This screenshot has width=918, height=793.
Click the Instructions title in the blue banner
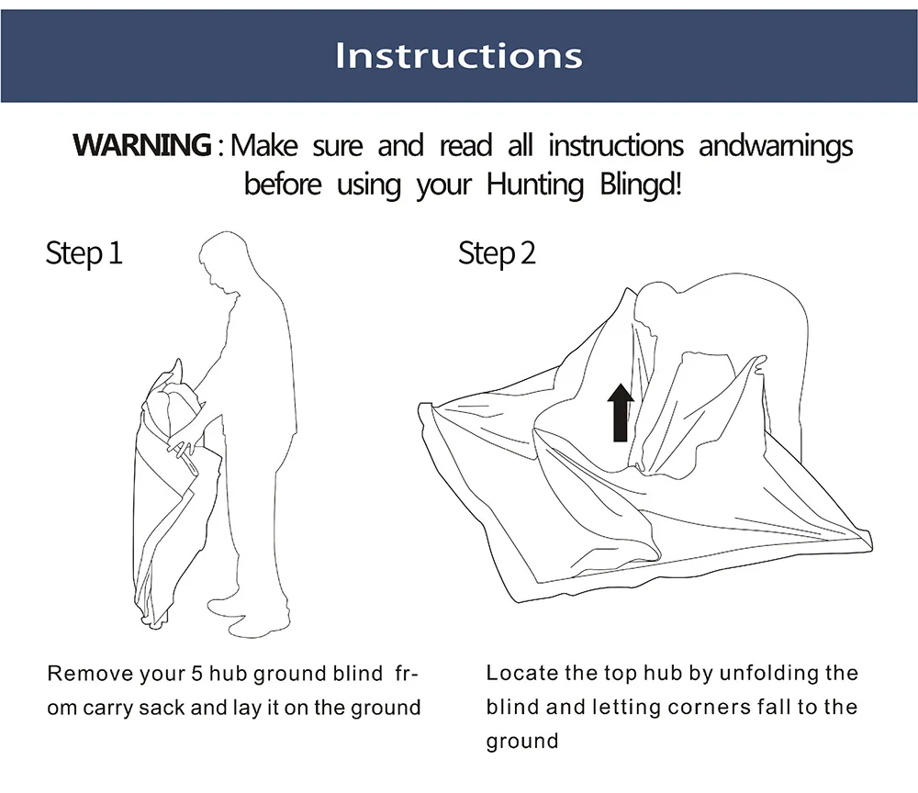point(458,56)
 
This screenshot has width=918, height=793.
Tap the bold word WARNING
point(142,144)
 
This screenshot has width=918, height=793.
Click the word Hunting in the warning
point(535,184)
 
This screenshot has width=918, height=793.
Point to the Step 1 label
point(84,254)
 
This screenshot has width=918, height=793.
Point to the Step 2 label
point(497,254)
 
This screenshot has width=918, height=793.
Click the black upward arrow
point(620,412)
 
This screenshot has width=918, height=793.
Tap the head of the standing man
point(219,261)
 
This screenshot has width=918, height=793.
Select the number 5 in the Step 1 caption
point(196,674)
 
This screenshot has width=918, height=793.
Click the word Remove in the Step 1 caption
point(90,674)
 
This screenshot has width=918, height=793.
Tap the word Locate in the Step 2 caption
point(522,673)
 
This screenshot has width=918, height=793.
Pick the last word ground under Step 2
point(522,742)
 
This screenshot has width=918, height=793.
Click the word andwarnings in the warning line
point(776,146)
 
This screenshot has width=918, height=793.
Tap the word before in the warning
point(283,184)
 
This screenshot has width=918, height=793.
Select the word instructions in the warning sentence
point(616,145)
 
